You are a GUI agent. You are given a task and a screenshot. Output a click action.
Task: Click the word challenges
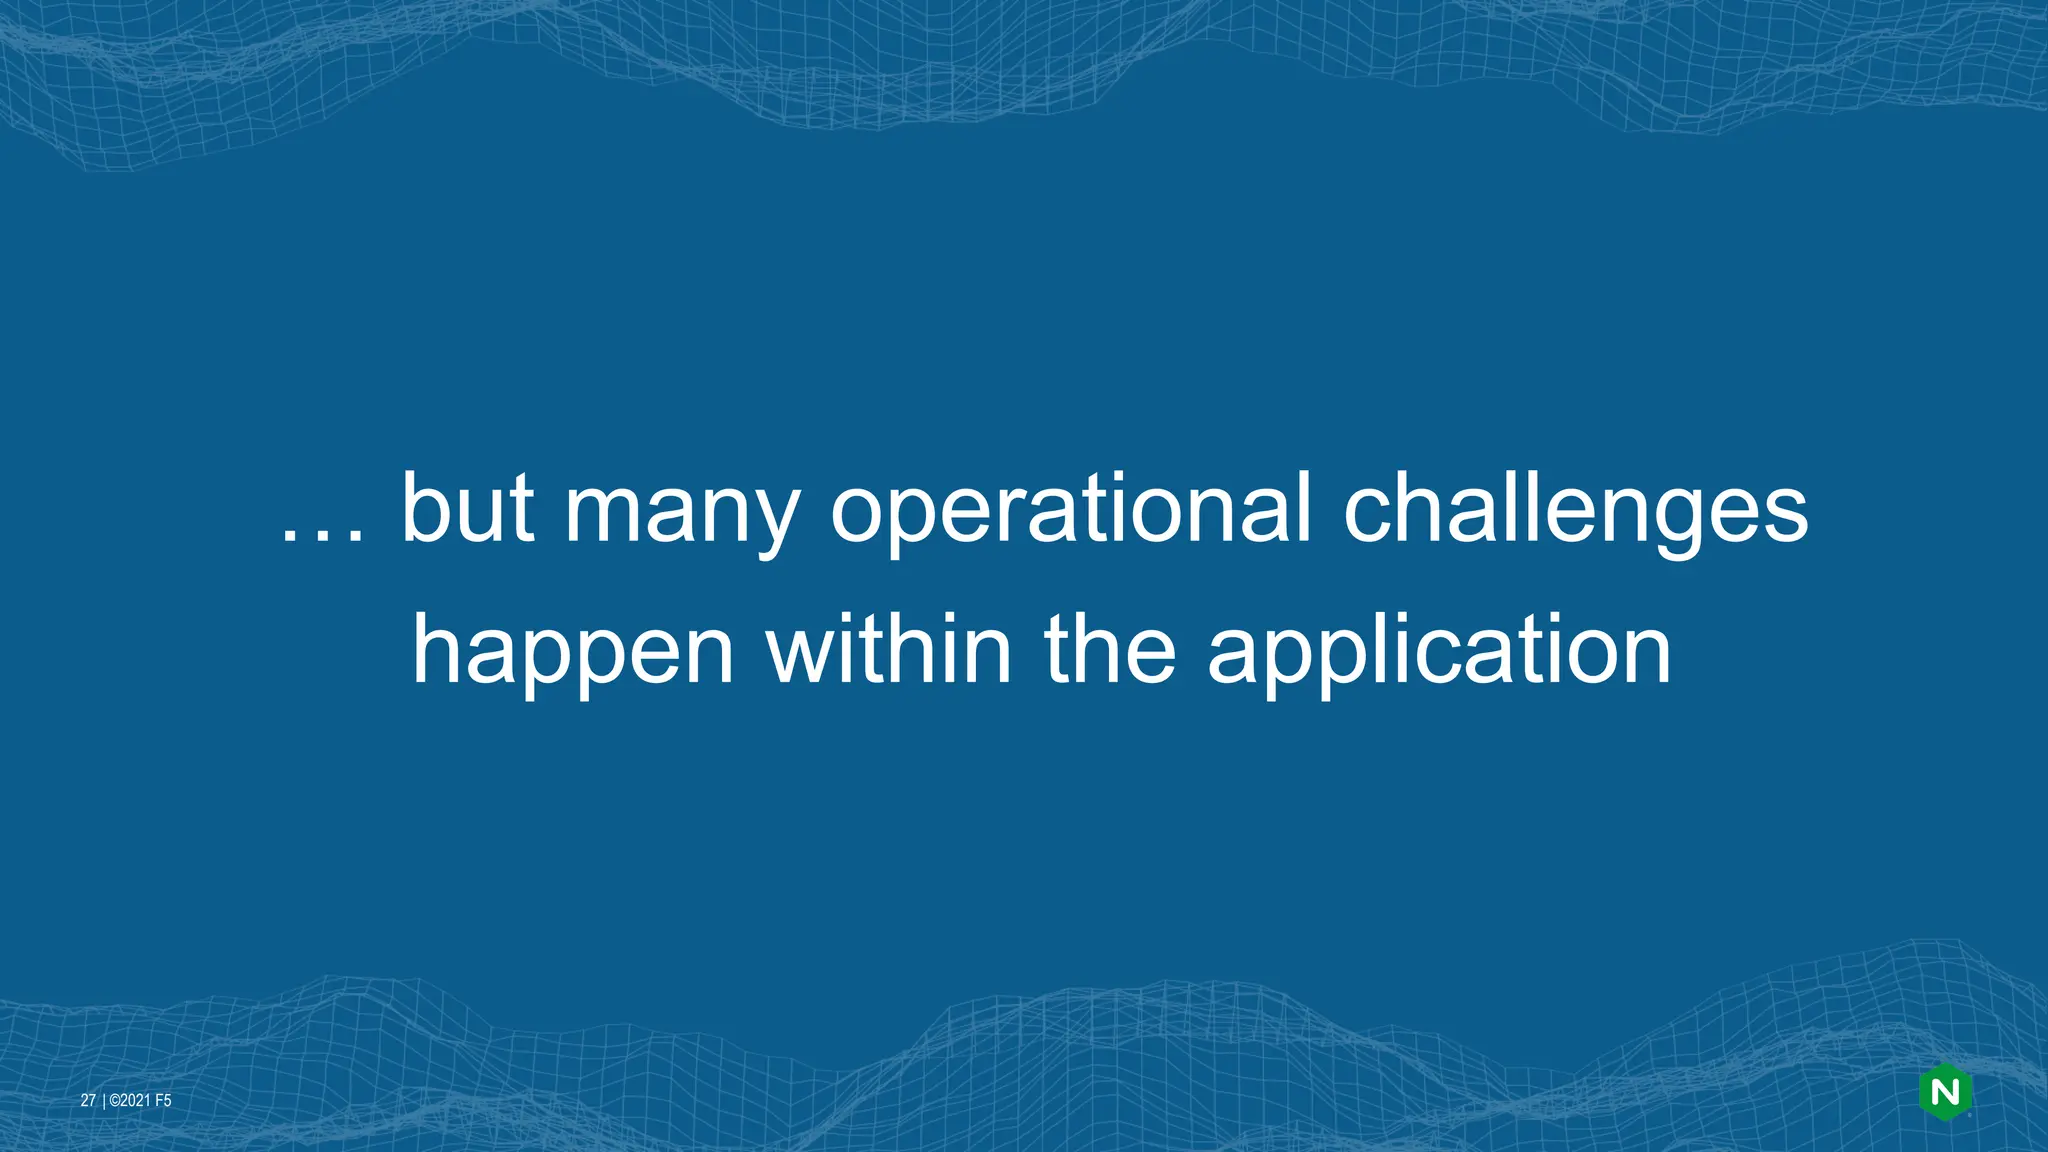(1575, 512)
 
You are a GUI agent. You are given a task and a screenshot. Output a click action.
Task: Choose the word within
(889, 650)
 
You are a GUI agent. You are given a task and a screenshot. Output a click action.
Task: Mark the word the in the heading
(1110, 650)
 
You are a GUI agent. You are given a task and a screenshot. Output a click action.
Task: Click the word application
(1439, 654)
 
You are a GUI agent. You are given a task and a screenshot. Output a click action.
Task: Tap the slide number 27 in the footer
(88, 1101)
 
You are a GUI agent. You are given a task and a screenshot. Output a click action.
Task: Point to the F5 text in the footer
(163, 1101)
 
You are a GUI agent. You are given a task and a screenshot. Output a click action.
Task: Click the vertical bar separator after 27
(102, 1101)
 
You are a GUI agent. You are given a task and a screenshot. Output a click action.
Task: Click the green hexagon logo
(1945, 1093)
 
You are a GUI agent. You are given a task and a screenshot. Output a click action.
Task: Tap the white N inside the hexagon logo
(1945, 1093)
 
